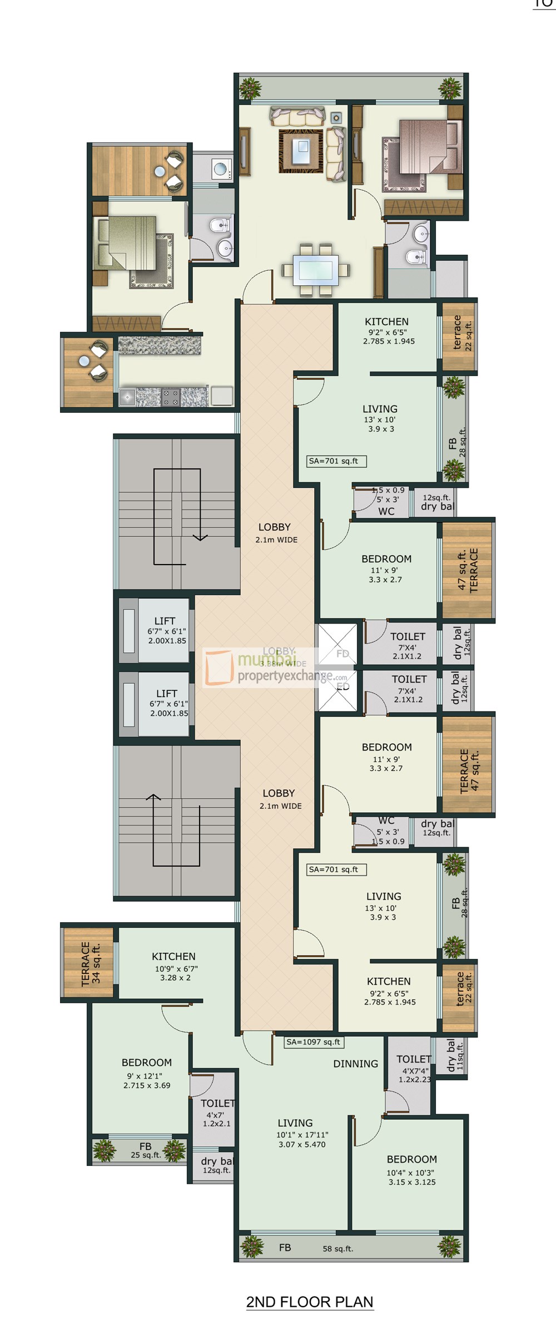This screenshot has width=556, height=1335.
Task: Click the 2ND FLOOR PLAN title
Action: [310, 1302]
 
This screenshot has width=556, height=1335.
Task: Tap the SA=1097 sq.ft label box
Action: [312, 1042]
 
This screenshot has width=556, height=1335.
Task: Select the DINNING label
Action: [355, 1064]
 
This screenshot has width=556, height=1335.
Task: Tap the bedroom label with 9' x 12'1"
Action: [147, 1073]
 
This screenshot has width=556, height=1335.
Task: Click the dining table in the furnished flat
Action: [316, 269]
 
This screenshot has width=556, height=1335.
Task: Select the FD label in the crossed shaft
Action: [342, 654]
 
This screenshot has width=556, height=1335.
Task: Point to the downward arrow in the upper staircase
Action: [200, 537]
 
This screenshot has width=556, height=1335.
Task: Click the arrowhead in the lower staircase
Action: [153, 797]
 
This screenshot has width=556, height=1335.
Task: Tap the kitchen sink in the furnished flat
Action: [127, 397]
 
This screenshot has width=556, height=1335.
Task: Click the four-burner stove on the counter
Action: [170, 397]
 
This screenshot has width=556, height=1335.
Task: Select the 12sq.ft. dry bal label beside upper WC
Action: [437, 502]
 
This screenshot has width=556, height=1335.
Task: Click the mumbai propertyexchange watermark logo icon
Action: [219, 668]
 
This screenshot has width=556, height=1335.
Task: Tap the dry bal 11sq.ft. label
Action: [454, 1055]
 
